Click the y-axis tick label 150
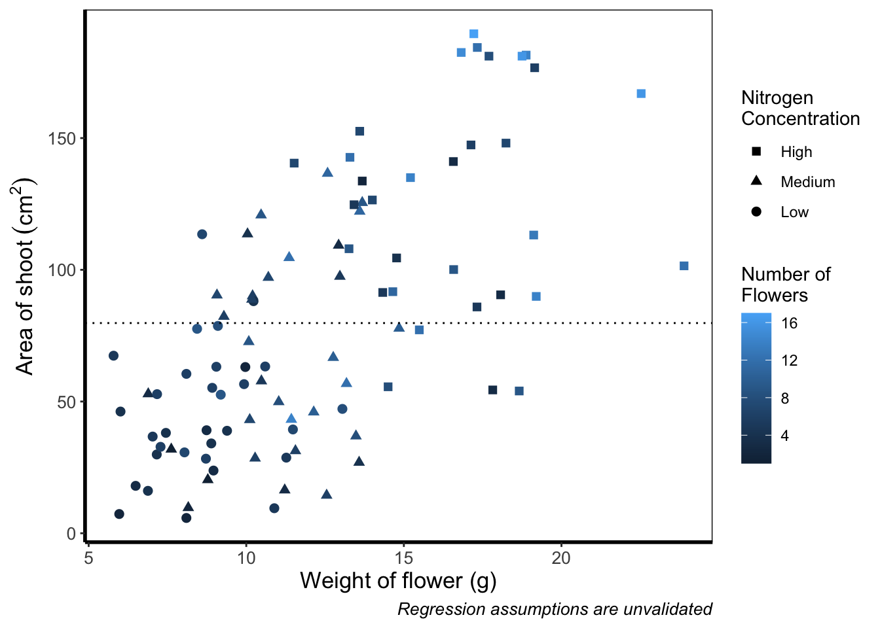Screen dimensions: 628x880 click(62, 139)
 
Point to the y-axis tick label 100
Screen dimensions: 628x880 click(62, 270)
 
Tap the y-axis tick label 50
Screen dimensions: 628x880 click(66, 402)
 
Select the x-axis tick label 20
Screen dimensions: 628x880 click(561, 558)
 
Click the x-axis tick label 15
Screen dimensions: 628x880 click(403, 558)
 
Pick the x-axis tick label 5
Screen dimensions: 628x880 click(88, 558)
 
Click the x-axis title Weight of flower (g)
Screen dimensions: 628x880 click(398, 581)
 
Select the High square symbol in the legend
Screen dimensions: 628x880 click(756, 152)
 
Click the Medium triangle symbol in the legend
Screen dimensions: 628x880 click(756, 181)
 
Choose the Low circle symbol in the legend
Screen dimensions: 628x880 click(756, 212)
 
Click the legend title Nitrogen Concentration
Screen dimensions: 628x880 click(799, 108)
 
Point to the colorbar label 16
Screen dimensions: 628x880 click(789, 323)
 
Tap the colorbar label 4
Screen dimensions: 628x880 click(785, 436)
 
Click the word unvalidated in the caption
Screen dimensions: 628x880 click(667, 610)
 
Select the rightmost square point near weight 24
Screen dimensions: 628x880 click(684, 266)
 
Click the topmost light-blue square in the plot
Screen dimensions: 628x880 click(473, 34)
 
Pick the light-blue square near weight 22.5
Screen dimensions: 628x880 click(641, 94)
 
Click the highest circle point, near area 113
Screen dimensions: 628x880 click(202, 234)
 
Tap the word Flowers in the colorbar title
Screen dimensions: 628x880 click(774, 296)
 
